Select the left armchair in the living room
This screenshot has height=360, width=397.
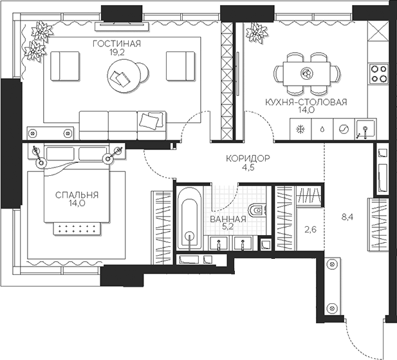point(64,65)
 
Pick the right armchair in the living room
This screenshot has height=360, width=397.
point(180,65)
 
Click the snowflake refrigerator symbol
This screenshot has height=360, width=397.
point(299,128)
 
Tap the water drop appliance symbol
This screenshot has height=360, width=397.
point(321,128)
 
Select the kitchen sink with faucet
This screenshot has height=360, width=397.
point(365,129)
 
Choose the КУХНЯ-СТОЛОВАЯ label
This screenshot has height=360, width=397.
point(306,101)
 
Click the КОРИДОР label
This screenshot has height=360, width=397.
point(247,159)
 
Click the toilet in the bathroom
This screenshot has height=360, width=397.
point(256,209)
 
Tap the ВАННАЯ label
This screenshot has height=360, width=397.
point(228,219)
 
